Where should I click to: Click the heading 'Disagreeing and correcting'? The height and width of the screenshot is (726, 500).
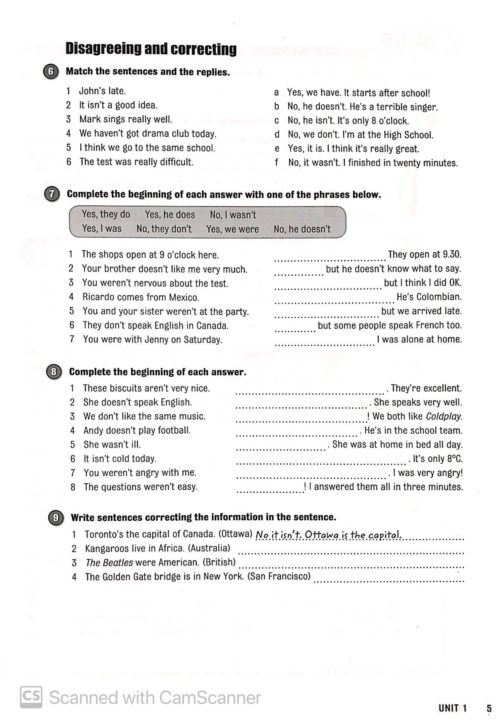151,49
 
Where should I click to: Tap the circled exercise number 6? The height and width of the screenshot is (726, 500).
51,72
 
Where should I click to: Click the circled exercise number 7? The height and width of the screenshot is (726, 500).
52,195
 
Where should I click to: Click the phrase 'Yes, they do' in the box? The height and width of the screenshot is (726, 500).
106,214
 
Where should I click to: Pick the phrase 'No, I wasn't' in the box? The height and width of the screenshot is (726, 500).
233,215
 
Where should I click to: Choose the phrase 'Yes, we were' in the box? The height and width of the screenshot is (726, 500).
233,229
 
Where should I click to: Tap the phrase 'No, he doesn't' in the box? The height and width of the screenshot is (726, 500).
302,229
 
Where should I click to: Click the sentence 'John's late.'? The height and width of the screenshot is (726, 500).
102,91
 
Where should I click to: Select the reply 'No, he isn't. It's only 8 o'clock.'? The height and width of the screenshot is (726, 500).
348,121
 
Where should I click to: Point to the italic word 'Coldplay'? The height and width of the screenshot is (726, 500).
444,417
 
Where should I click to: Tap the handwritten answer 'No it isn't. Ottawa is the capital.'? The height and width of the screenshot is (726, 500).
328,535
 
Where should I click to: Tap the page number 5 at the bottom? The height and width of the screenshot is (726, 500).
489,708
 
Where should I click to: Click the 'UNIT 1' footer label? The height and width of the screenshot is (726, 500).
452,708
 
